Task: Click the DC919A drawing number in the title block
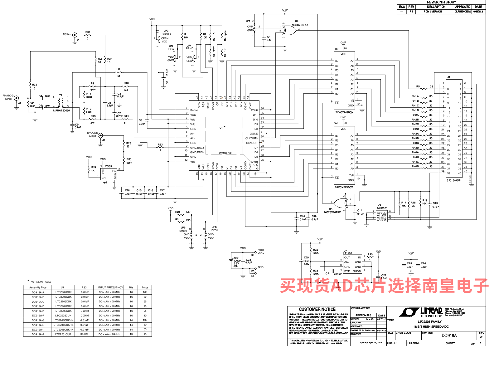click(x=449, y=335)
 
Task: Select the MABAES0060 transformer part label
click(x=61, y=110)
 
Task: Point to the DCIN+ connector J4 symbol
click(x=75, y=35)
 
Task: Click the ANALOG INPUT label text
click(x=8, y=97)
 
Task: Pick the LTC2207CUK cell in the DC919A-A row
click(x=63, y=292)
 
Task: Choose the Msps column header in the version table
click(x=145, y=287)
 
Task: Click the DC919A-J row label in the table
click(x=38, y=334)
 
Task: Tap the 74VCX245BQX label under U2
click(x=344, y=112)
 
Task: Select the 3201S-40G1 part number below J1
click(x=454, y=180)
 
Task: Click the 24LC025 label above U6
click(x=382, y=208)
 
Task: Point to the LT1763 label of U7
click(x=347, y=253)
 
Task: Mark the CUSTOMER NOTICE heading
click(x=317, y=309)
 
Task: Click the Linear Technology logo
click(x=421, y=312)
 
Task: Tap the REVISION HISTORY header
click(x=441, y=2)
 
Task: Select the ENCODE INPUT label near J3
click(x=92, y=135)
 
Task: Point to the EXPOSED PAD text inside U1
click(x=225, y=153)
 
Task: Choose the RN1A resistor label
click(x=415, y=96)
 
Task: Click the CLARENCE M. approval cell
click(x=463, y=12)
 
